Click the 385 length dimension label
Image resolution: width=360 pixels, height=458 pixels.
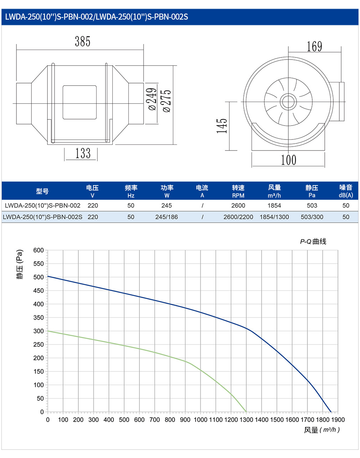tap(82, 41)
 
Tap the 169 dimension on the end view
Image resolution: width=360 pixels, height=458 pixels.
tap(314, 47)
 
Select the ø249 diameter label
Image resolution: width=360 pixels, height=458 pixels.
tap(152, 99)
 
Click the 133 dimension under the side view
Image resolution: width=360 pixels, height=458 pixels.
tap(83, 153)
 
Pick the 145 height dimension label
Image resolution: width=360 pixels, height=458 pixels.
tap(222, 126)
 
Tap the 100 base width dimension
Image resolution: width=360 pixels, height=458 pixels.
tap(288, 160)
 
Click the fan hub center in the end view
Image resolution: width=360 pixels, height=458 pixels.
tap(288, 102)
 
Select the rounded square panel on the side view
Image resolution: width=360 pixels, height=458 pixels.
tap(79, 102)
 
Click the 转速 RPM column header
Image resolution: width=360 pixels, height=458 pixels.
tap(238, 191)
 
